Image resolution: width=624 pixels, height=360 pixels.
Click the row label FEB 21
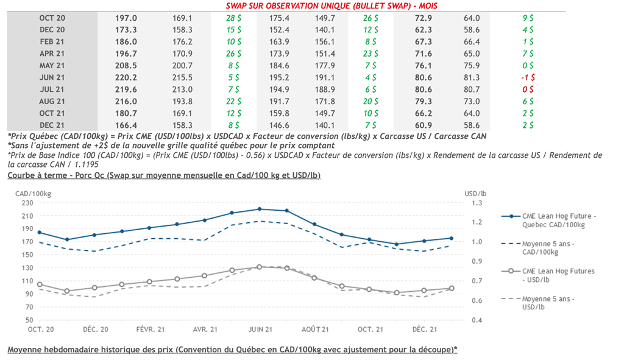point(52,41)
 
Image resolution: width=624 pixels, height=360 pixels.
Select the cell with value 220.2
point(126,77)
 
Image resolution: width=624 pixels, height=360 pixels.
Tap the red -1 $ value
point(528,77)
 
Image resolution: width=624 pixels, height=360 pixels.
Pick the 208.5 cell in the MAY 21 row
point(126,65)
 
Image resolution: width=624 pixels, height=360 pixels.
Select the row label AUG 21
point(52,101)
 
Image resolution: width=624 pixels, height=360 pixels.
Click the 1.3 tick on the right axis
point(477,203)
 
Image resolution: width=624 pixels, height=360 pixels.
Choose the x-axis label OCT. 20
point(40,330)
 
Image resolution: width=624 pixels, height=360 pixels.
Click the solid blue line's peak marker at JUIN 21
point(260,209)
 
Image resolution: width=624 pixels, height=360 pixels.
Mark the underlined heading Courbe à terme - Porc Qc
point(164,175)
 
